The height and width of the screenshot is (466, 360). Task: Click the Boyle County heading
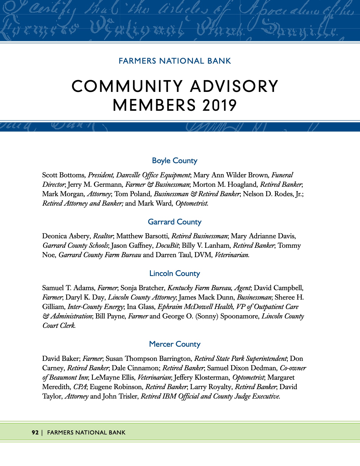[x=174, y=161]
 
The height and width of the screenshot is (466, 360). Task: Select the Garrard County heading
[x=174, y=222]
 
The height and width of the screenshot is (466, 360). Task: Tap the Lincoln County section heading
[x=174, y=273]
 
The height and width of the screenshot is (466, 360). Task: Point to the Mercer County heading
[x=174, y=344]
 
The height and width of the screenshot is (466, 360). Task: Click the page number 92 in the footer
[x=35, y=432]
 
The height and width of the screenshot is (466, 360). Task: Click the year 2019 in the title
[x=219, y=105]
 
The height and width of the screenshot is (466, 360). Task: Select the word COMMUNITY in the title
[x=127, y=86]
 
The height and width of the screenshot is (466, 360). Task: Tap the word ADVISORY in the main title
[x=234, y=86]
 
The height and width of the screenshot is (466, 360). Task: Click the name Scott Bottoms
[x=63, y=175]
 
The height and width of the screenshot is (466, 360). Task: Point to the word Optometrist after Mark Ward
[x=192, y=203]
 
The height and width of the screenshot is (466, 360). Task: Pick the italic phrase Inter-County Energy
[x=95, y=307]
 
